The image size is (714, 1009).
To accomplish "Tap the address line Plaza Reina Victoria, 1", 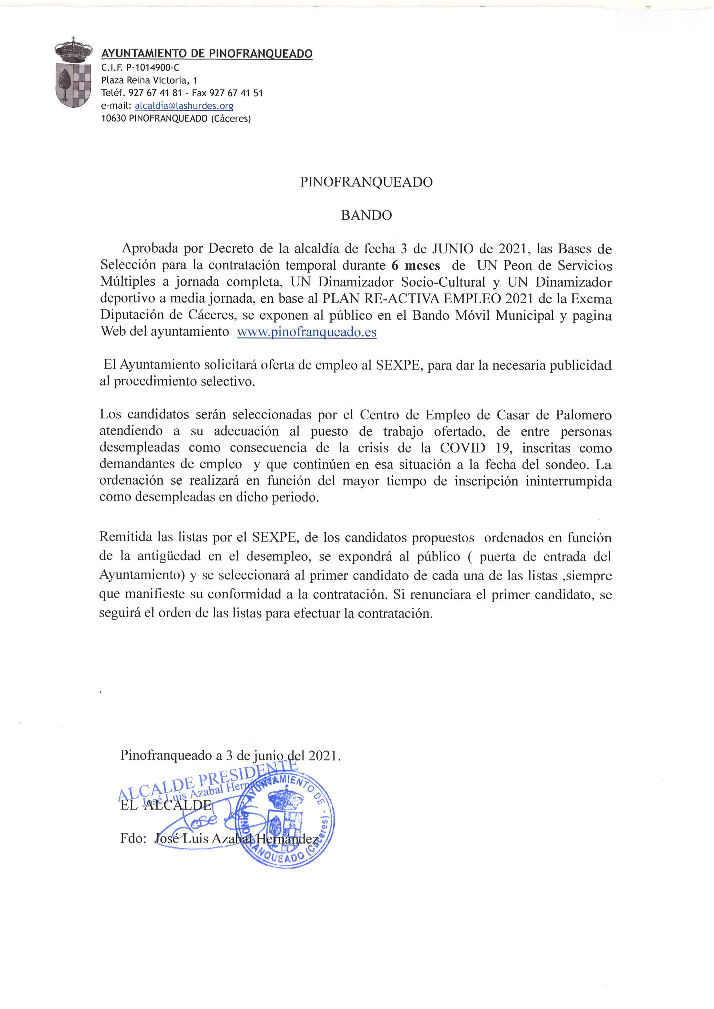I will click(149, 81).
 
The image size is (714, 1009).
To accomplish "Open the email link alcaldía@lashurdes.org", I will click(184, 106).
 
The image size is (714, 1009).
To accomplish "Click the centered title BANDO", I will click(366, 215).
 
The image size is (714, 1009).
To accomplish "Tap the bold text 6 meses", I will click(415, 266).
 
